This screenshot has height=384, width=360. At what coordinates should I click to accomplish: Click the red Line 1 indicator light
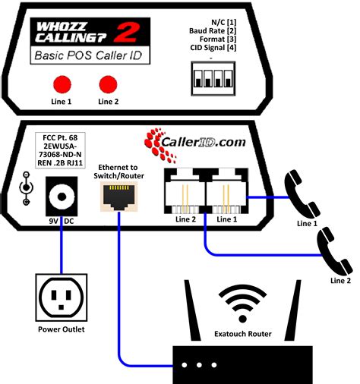[x=62, y=84]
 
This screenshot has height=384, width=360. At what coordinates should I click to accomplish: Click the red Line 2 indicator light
[x=108, y=84]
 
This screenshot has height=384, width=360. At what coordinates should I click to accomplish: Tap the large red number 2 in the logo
[x=126, y=32]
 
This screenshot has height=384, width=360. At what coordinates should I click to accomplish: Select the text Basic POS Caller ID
[x=88, y=55]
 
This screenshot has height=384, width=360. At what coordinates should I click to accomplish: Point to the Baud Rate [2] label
[x=213, y=31]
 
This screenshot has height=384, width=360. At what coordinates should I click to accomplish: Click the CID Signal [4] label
[x=213, y=48]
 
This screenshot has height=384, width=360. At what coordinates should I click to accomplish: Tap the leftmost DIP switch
[x=197, y=79]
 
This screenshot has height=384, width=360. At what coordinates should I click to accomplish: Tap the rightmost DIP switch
[x=229, y=79]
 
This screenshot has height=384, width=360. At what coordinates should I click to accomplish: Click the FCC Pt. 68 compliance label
[x=60, y=150]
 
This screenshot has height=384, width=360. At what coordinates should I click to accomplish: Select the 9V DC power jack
[x=62, y=197]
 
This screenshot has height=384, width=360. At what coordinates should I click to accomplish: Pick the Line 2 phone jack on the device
[x=185, y=191]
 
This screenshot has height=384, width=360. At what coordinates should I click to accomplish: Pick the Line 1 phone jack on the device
[x=227, y=191]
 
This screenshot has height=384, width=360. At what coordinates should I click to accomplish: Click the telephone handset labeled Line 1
[x=302, y=194]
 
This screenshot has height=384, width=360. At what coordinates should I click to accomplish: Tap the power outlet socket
[x=62, y=297]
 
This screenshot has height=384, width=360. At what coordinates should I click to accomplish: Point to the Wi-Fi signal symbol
[x=242, y=303]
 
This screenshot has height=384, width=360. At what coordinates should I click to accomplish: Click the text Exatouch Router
[x=243, y=334]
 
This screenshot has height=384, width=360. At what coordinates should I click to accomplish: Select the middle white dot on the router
[x=199, y=365]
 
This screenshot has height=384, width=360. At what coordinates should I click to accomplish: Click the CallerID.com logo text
[x=204, y=142]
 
